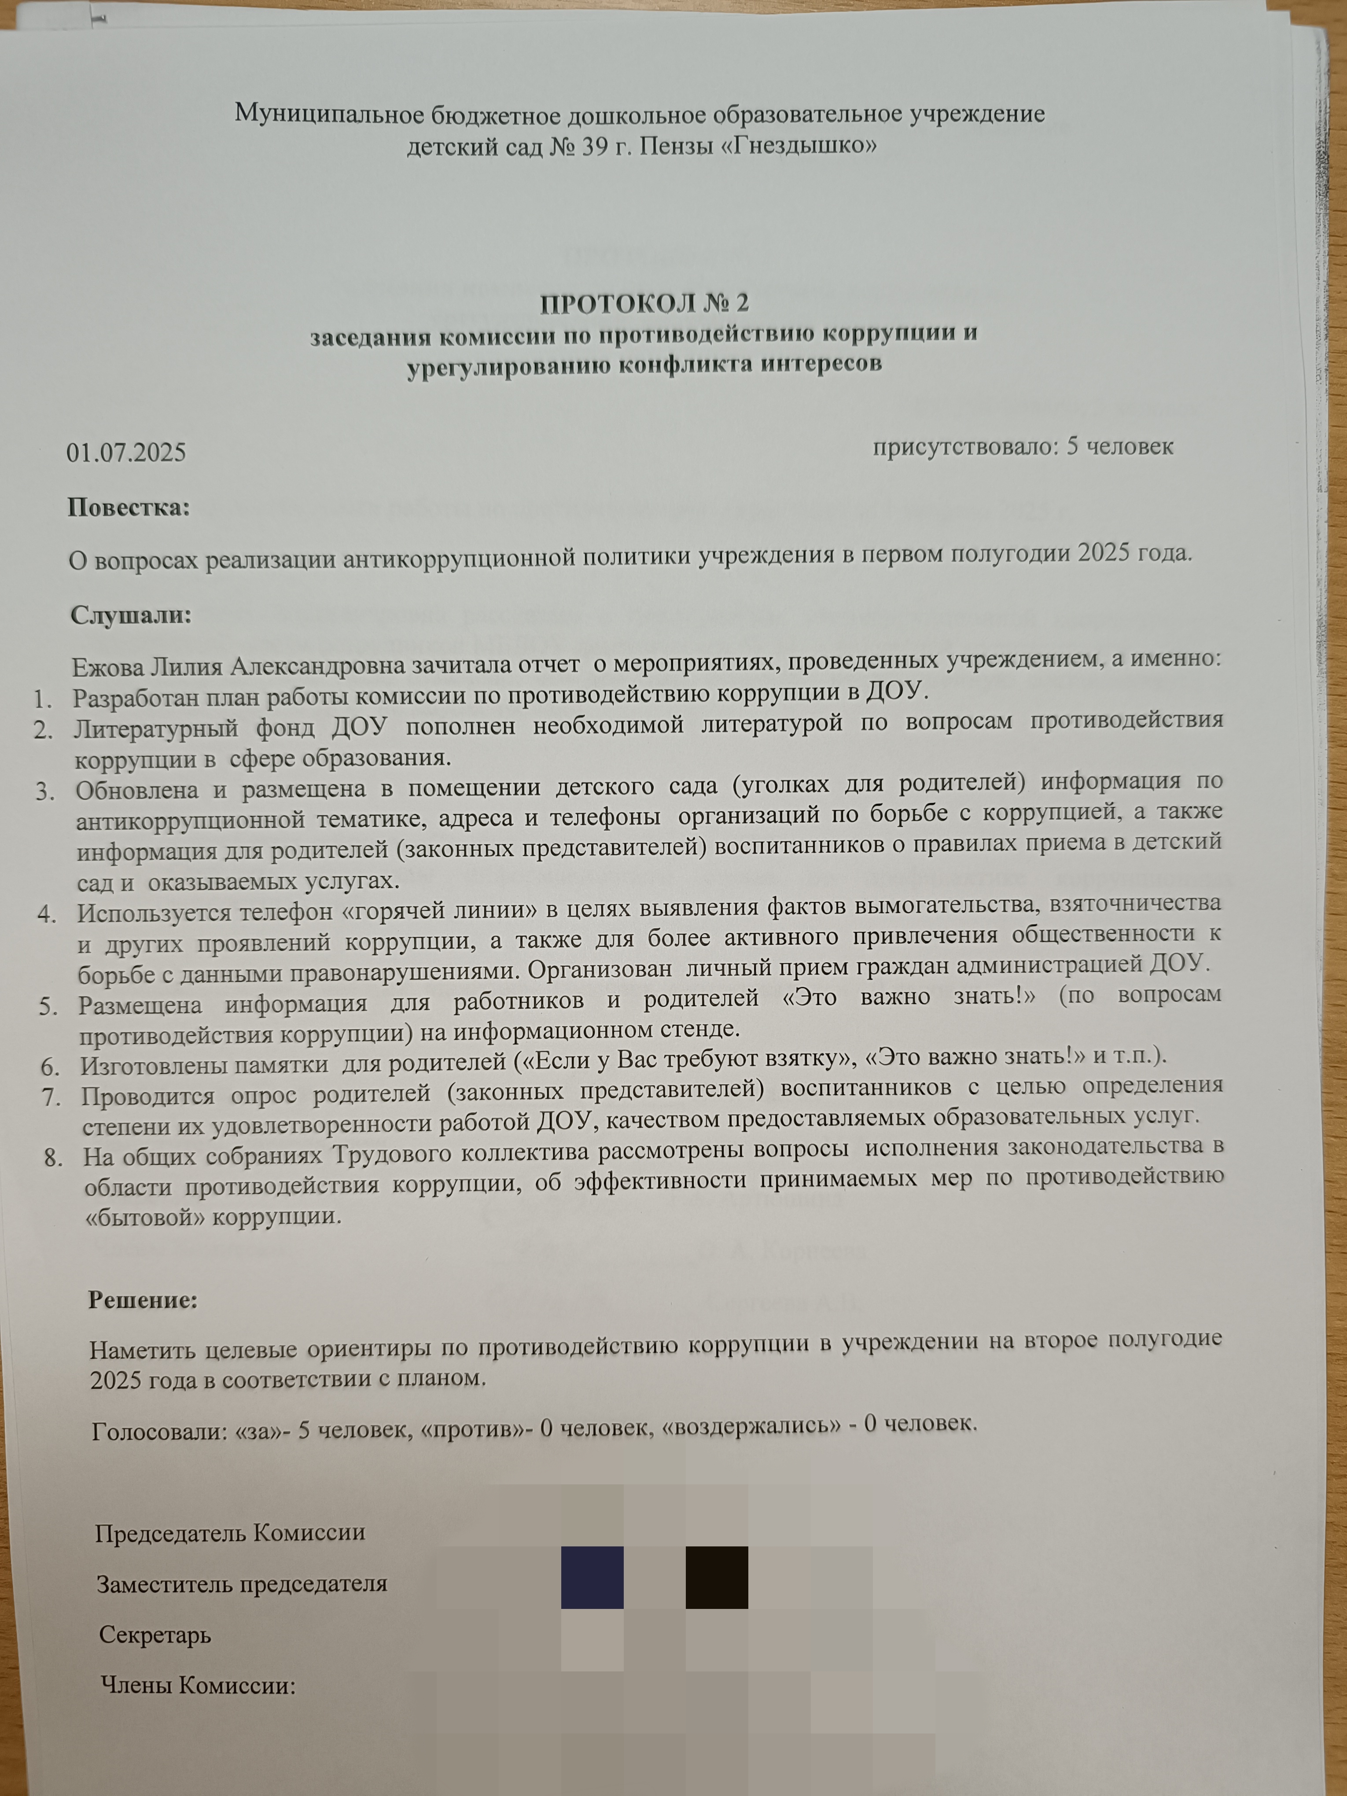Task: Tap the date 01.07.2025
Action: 126,452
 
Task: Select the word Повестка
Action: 128,508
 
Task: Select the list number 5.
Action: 49,1007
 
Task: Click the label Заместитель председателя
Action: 242,1585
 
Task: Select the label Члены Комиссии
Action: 197,1686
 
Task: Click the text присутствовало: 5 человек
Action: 1023,446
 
